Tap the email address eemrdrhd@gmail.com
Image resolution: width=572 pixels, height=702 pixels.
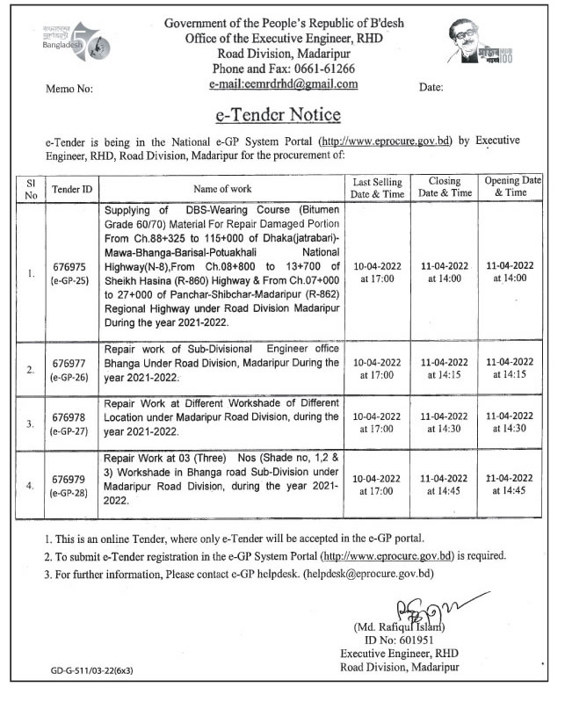coord(284,84)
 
